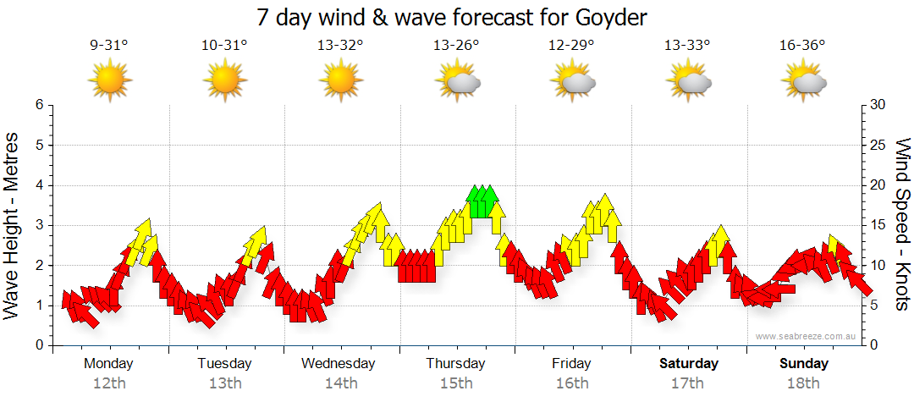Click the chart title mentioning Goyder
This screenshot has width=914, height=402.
click(x=457, y=17)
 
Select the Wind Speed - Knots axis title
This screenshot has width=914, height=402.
click(x=902, y=224)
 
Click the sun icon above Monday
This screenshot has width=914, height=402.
click(x=110, y=82)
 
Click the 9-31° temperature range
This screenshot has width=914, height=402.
click(x=109, y=46)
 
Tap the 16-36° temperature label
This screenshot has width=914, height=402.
click(x=802, y=46)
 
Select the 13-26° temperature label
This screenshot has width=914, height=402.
click(x=456, y=46)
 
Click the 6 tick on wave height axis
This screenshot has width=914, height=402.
click(x=39, y=105)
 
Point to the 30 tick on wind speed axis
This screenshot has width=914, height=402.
click(x=878, y=105)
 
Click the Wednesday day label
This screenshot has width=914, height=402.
click(x=338, y=364)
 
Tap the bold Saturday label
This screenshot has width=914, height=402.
click(x=689, y=364)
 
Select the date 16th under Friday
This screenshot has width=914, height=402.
click(x=572, y=383)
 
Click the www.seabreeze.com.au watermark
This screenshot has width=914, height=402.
click(x=807, y=337)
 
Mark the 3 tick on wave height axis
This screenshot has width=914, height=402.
click(x=39, y=225)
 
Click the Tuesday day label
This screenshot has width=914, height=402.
click(x=224, y=364)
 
